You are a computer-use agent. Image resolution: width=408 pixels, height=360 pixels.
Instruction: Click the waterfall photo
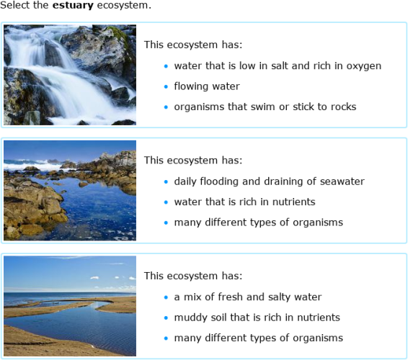[x=69, y=75]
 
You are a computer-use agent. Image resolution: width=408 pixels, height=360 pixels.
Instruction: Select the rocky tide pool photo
[x=69, y=190]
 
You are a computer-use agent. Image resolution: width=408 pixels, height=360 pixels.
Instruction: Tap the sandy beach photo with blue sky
[x=69, y=305]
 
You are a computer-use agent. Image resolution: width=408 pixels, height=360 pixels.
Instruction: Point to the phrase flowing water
[x=207, y=86]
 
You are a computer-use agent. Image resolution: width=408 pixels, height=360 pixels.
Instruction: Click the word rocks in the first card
[x=342, y=107]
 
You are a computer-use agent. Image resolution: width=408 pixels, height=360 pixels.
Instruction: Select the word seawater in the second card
[x=340, y=181]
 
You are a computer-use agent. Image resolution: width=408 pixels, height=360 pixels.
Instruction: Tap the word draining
[x=278, y=181]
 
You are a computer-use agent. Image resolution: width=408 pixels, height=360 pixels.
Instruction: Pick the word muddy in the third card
[x=190, y=318]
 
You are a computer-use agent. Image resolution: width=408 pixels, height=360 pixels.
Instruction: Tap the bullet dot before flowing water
[x=166, y=86]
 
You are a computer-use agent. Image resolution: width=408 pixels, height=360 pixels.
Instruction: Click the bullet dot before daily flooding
[x=166, y=182]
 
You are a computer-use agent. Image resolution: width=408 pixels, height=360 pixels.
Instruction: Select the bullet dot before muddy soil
[x=166, y=318]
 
